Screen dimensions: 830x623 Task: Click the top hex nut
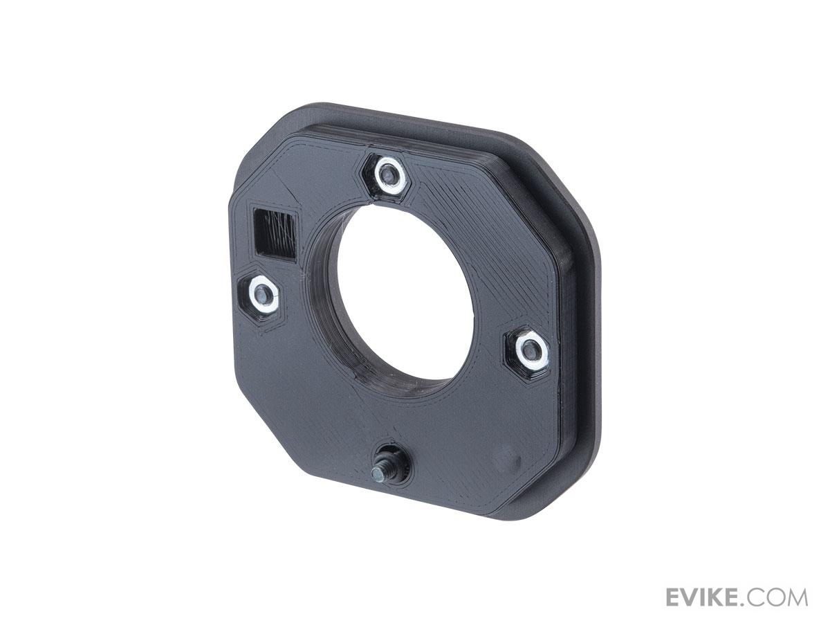(387, 174)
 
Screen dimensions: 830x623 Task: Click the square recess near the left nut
(275, 235)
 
